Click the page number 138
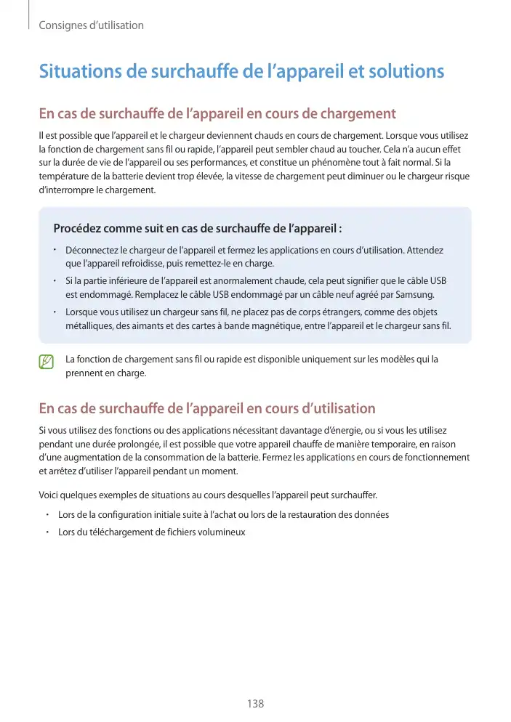click(255, 704)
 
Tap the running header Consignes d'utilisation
click(91, 25)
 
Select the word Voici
click(49, 495)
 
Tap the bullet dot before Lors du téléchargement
click(47, 532)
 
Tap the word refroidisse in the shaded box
click(142, 264)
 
